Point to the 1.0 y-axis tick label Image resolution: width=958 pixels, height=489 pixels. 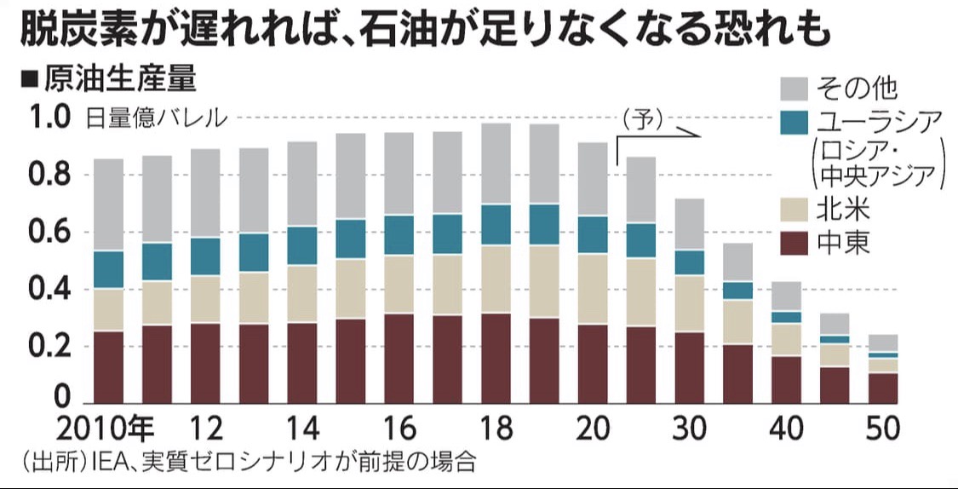[x=50, y=118]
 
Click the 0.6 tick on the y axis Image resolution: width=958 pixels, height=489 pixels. [x=50, y=233]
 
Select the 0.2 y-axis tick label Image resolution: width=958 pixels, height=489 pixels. [x=50, y=347]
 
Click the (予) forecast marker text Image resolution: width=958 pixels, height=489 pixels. [x=641, y=118]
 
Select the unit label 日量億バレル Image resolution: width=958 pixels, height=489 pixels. [x=156, y=118]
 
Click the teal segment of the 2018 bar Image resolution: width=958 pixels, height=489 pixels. [x=496, y=225]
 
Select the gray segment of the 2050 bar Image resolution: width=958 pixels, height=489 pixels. [x=882, y=342]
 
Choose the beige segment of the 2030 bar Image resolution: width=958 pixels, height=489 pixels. [x=689, y=304]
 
